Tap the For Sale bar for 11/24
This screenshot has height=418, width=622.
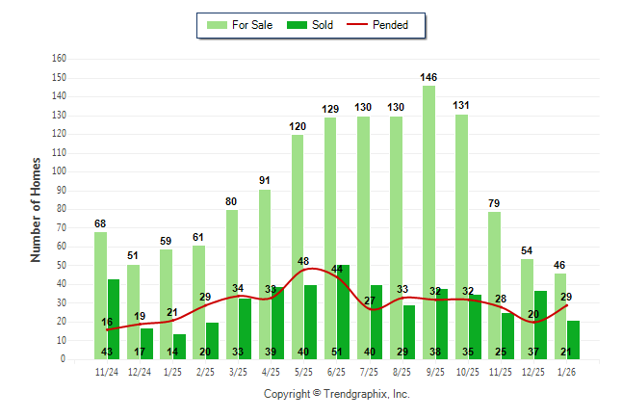(100, 295)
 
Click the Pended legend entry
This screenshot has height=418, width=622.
(382, 25)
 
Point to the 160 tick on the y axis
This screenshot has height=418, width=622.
(59, 59)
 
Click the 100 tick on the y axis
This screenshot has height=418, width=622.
(59, 171)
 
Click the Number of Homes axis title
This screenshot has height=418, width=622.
(37, 209)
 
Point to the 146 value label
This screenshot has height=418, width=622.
(429, 77)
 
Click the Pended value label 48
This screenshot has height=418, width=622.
(304, 261)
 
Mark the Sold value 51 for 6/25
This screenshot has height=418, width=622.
(337, 352)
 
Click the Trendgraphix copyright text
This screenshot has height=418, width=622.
(336, 394)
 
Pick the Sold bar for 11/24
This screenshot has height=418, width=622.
(114, 319)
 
